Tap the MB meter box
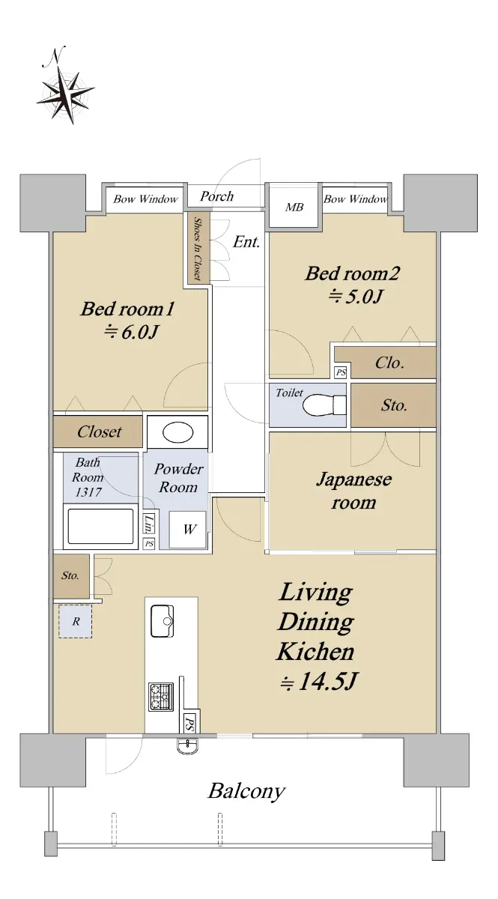[x=294, y=208]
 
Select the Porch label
[x=216, y=196]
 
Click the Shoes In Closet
[x=198, y=249]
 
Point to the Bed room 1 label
[x=127, y=309]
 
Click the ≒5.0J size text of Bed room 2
[x=355, y=297]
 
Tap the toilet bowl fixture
[x=324, y=405]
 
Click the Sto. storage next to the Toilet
[x=394, y=405]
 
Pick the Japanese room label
[x=353, y=491]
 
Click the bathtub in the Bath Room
[x=101, y=526]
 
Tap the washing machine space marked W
[x=188, y=530]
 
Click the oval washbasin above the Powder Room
[x=177, y=432]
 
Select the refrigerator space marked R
[x=76, y=621]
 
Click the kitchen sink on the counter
[x=163, y=621]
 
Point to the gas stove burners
[x=161, y=697]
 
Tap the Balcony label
[x=246, y=792]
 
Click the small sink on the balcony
[x=187, y=745]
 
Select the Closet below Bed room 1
[x=98, y=432]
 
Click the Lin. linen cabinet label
[x=149, y=524]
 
